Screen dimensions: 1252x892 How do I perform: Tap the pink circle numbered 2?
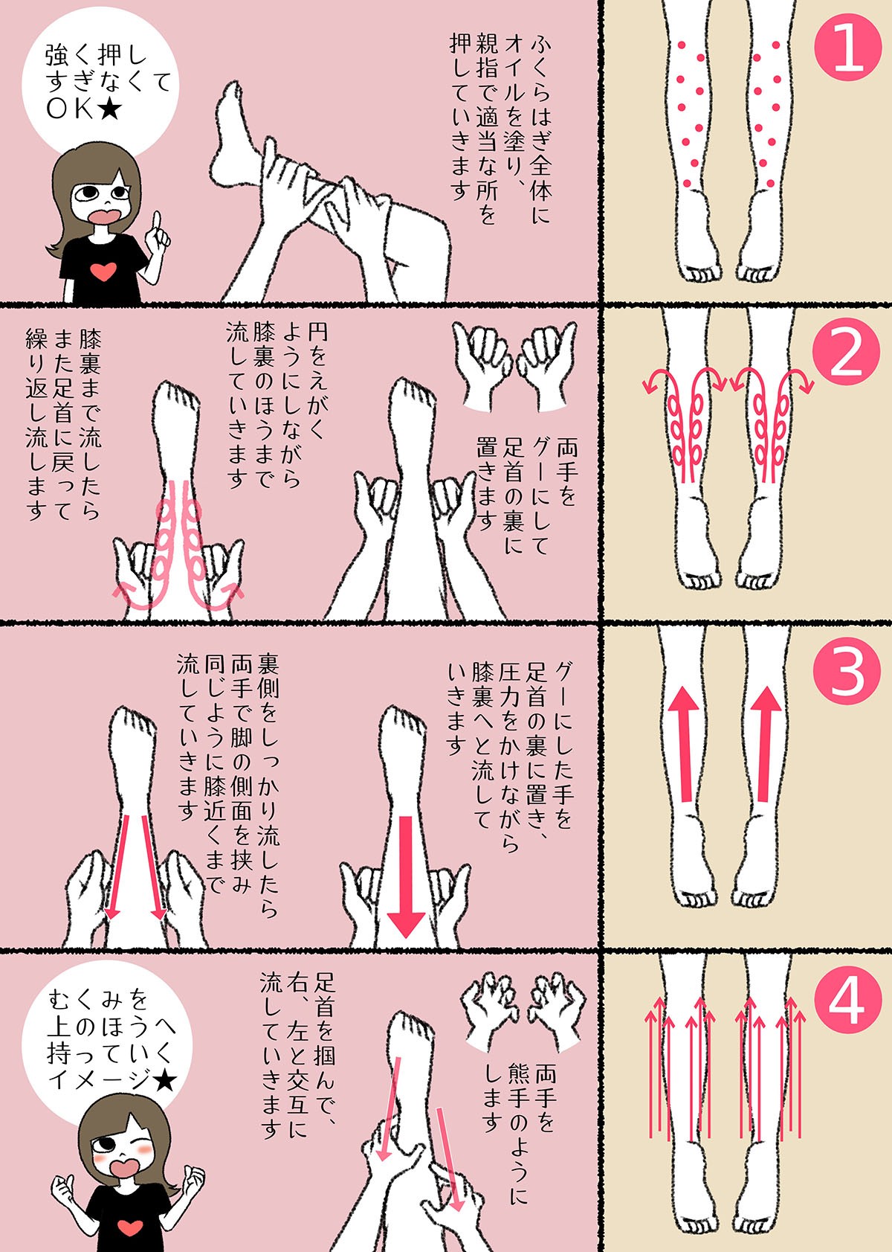pyautogui.click(x=847, y=356)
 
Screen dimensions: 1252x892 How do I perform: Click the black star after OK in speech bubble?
pyautogui.click(x=109, y=110)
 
